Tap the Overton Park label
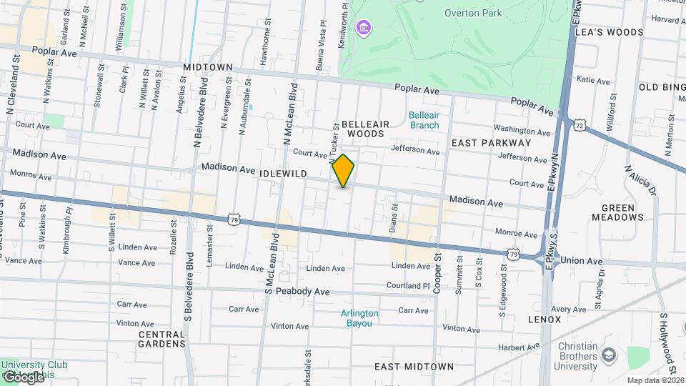(x=473, y=13)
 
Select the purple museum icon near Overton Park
(x=364, y=28)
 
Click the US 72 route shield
(x=579, y=125)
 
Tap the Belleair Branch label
(x=424, y=119)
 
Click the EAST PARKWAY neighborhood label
(x=491, y=143)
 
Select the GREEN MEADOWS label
(x=617, y=212)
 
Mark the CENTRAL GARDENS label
(x=161, y=339)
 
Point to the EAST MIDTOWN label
(x=414, y=367)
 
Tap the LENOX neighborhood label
(x=545, y=319)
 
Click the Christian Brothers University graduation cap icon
(x=608, y=355)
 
